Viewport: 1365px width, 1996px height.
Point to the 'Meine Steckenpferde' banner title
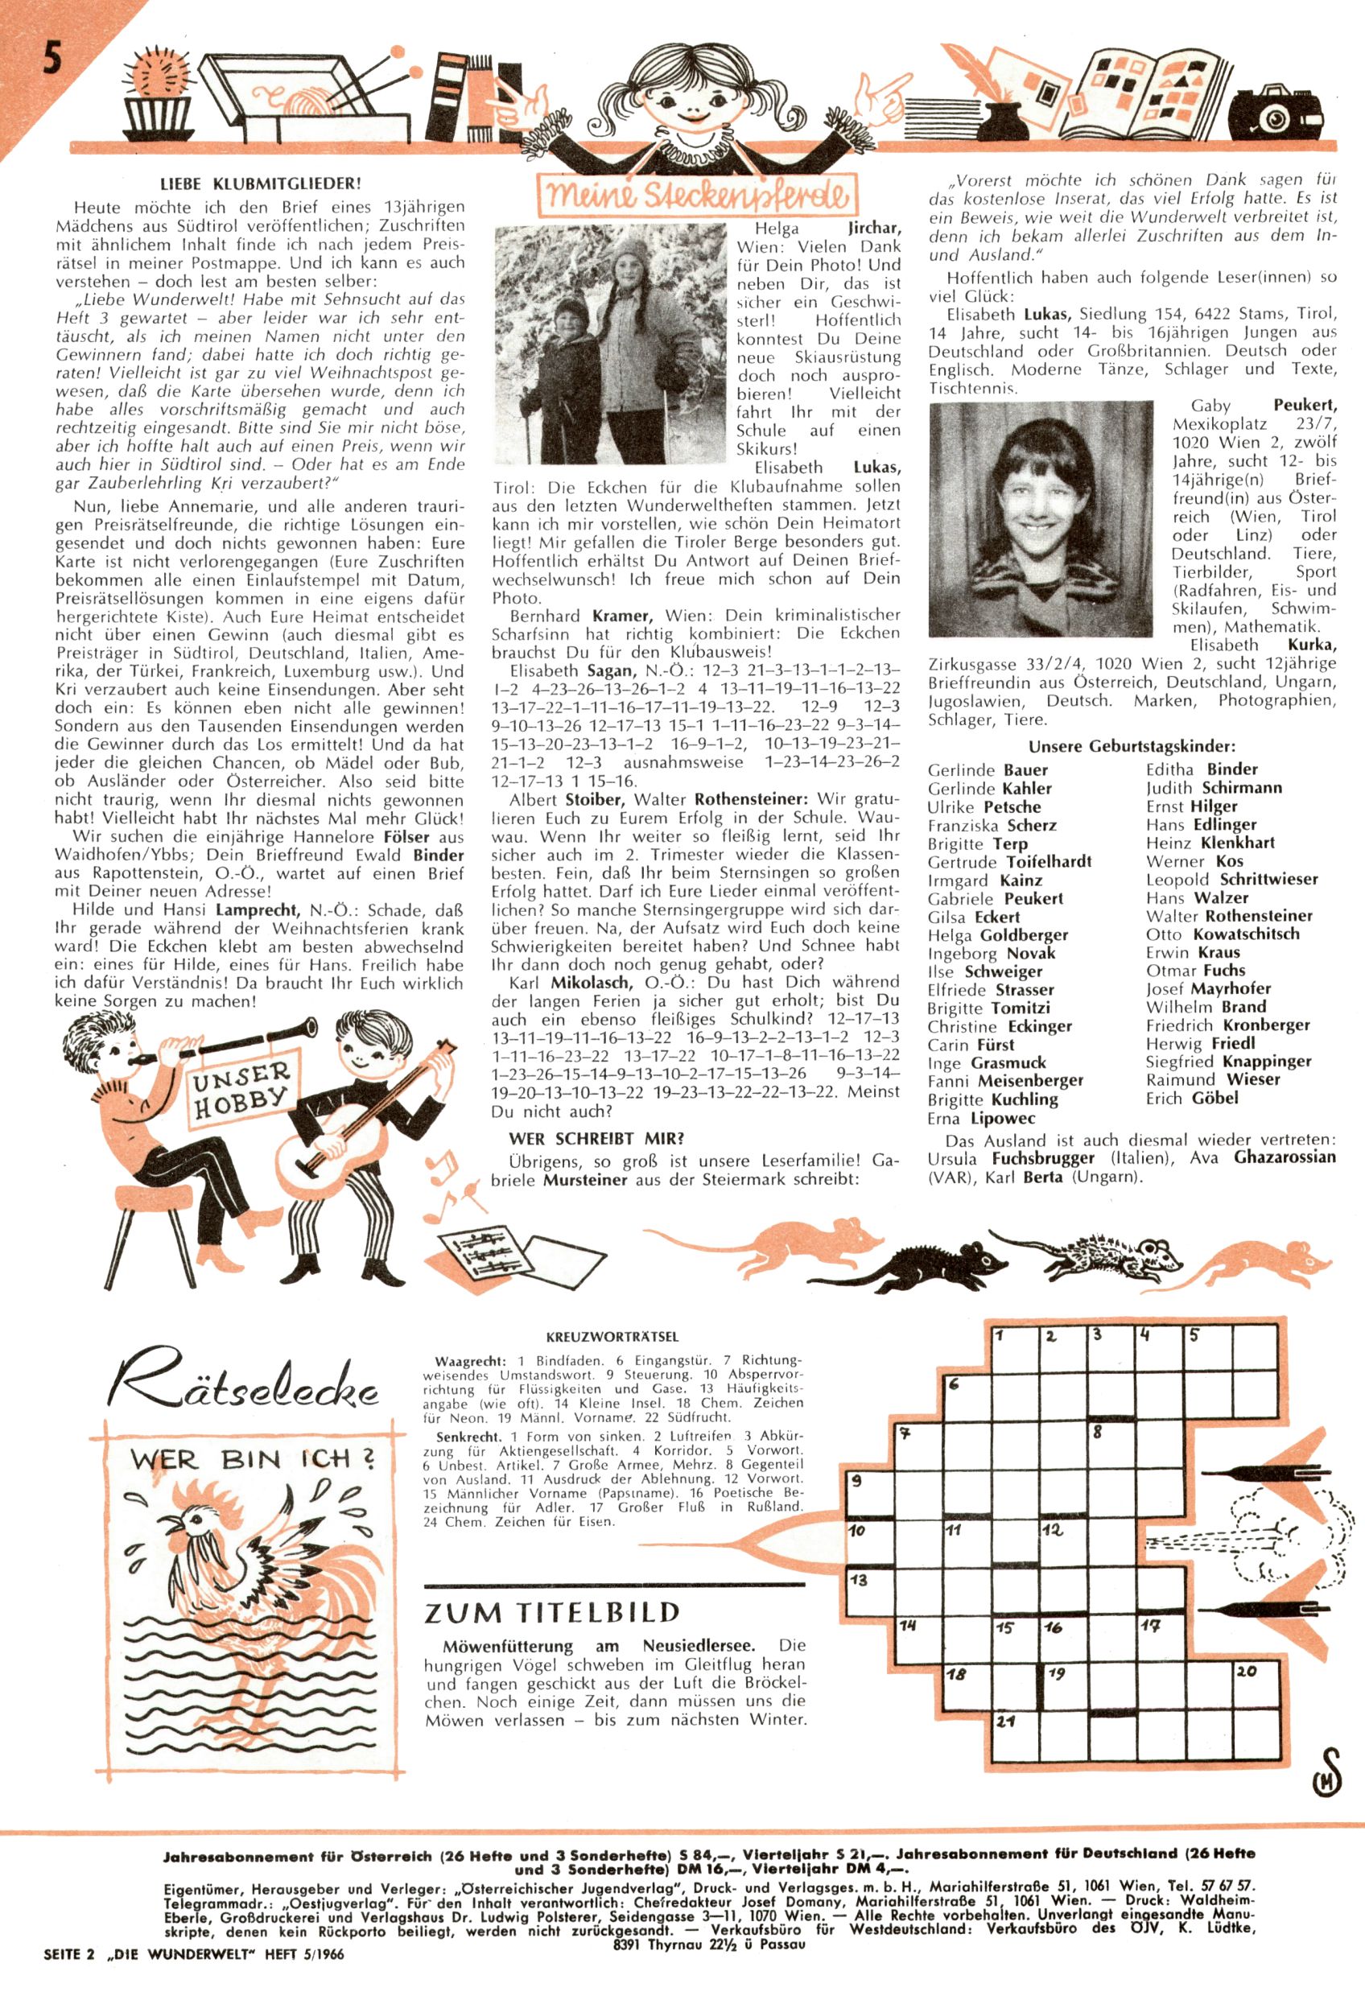click(x=697, y=196)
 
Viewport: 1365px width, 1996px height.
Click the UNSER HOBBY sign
click(x=239, y=1089)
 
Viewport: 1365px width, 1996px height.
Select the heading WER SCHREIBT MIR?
click(x=596, y=1139)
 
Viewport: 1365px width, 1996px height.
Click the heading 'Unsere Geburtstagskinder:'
click(x=1132, y=746)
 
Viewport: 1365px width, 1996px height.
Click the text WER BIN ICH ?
click(x=253, y=1458)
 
